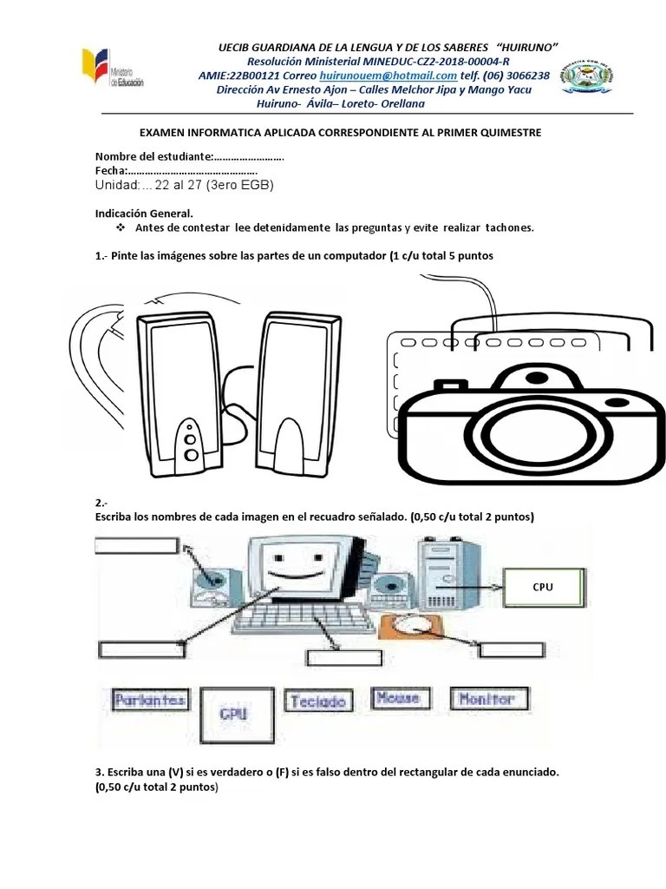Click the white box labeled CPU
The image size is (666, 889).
(x=543, y=587)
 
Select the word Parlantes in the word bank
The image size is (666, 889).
(x=149, y=700)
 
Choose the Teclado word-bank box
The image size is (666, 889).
(x=319, y=701)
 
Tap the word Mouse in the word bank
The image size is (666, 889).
(x=399, y=698)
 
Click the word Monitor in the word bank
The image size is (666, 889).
(x=488, y=699)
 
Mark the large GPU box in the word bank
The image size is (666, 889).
(x=235, y=714)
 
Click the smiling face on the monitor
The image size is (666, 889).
(x=293, y=573)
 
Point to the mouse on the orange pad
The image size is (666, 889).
(x=411, y=625)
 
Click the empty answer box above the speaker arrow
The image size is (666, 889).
(x=137, y=545)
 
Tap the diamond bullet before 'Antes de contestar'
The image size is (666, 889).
(x=121, y=227)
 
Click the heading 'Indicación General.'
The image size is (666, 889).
(x=144, y=213)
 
